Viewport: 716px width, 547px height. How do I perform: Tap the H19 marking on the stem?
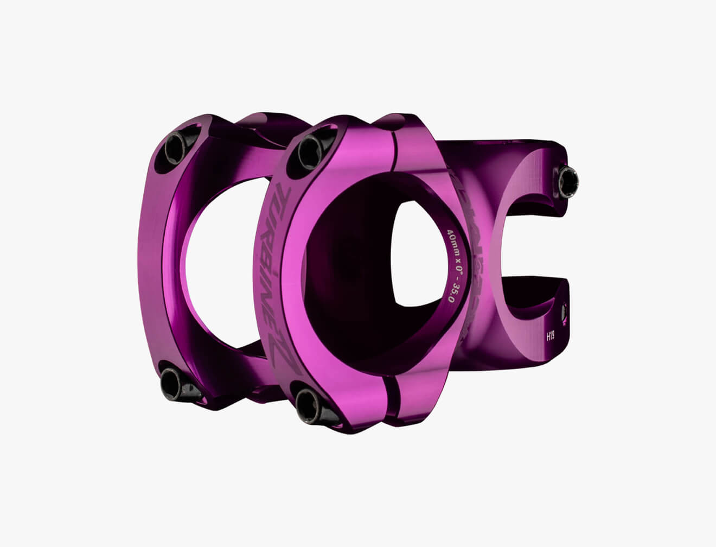tap(550, 337)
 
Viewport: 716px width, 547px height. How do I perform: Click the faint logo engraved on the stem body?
tap(470, 255)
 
